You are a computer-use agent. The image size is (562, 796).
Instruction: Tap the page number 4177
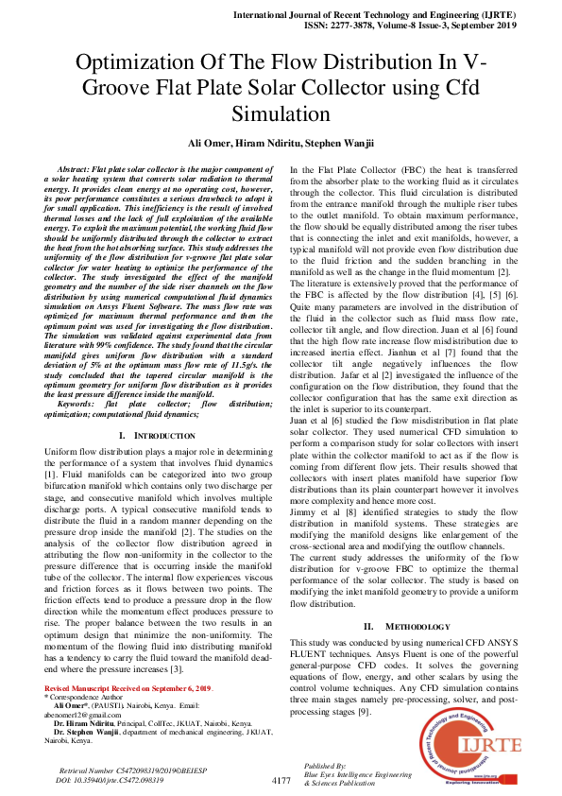click(281, 780)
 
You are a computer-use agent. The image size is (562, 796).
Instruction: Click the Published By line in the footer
click(326, 764)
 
